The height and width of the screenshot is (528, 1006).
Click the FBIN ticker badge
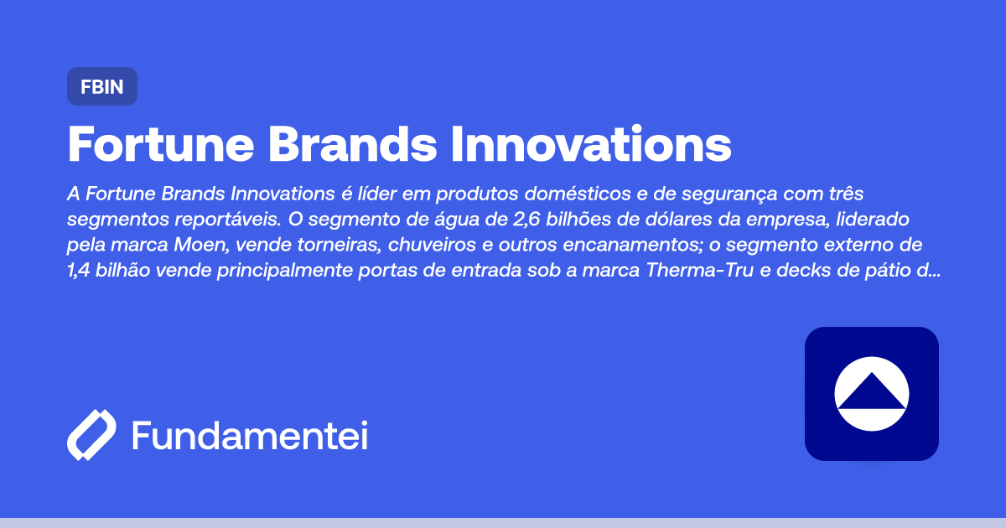pos(101,86)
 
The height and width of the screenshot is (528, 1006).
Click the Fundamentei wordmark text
pos(250,436)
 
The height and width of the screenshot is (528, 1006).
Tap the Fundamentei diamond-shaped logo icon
pos(91,436)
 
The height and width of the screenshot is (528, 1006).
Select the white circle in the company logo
pos(872,394)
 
